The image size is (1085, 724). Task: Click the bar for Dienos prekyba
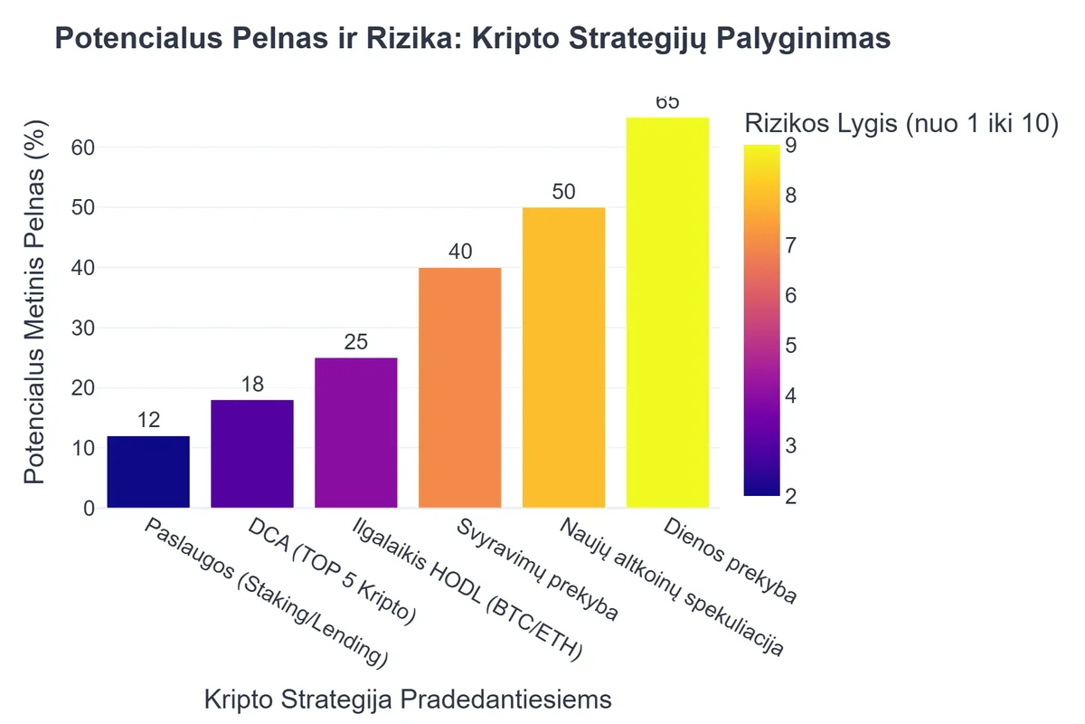[667, 312]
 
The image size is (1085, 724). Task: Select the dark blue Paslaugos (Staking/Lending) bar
[148, 472]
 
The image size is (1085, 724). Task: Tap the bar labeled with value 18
[252, 453]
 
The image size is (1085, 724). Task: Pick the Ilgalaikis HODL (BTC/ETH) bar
[356, 433]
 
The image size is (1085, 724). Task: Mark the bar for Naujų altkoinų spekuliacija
[564, 357]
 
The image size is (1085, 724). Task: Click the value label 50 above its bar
[564, 192]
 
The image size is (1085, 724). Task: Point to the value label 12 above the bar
[148, 421]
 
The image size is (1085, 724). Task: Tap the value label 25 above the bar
[356, 343]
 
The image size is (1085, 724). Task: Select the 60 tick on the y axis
[83, 148]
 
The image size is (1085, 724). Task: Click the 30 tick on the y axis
[83, 328]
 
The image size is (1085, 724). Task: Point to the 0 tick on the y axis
[89, 509]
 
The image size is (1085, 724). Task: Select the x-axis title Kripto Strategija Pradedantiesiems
[408, 700]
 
